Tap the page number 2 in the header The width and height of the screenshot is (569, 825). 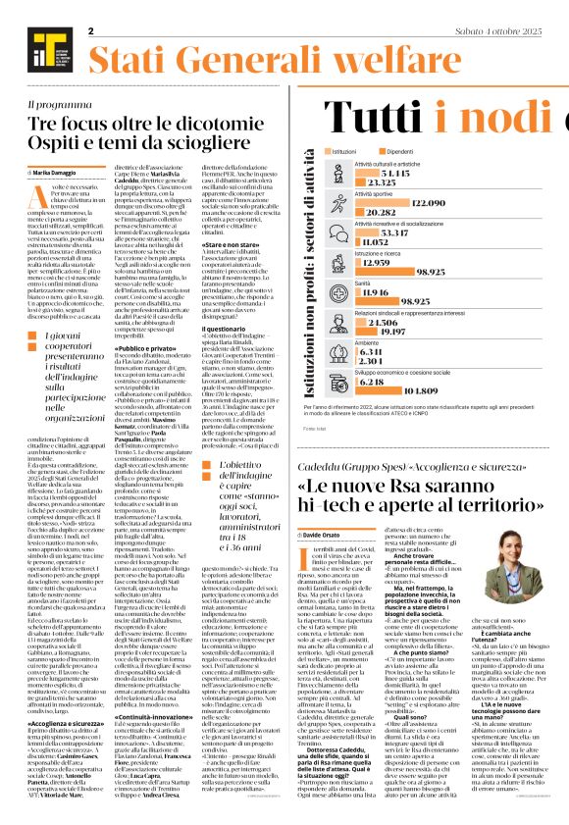click(90, 31)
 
